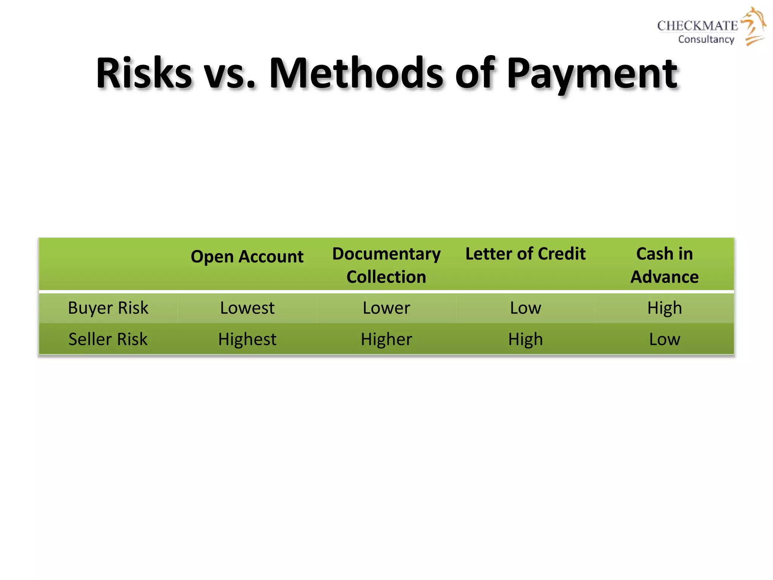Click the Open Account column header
tap(247, 257)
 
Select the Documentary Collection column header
tap(386, 265)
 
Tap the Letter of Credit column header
tap(525, 254)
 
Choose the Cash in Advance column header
tap(664, 265)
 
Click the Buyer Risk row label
tap(108, 308)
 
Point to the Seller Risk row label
tap(108, 339)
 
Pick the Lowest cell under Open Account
tap(247, 308)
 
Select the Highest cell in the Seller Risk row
tap(247, 339)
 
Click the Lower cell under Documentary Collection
tap(386, 308)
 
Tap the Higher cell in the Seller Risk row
tap(386, 339)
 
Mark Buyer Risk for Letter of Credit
tap(525, 308)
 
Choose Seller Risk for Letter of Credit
tap(525, 339)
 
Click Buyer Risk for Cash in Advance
tap(664, 308)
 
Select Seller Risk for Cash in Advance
tap(664, 339)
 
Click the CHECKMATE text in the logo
tap(697, 26)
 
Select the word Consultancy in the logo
tap(706, 39)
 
